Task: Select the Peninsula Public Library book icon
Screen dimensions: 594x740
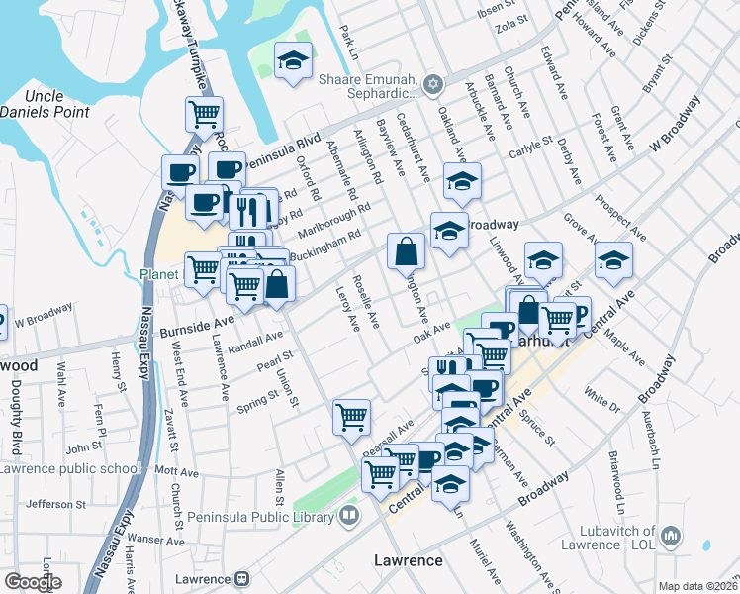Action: point(348,515)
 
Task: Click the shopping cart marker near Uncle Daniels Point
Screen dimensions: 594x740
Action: point(204,114)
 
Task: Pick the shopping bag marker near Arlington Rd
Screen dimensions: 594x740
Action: point(406,251)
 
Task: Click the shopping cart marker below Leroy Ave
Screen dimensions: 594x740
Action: point(351,418)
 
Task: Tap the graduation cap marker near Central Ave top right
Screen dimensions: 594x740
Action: point(613,261)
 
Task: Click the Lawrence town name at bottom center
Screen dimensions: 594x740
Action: point(409,561)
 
